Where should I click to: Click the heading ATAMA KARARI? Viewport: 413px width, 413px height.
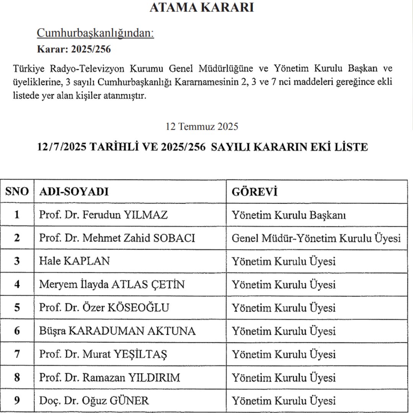pos(202,8)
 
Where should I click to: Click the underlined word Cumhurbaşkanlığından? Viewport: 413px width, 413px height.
pos(95,33)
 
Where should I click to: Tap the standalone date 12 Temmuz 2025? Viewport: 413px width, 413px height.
pos(202,126)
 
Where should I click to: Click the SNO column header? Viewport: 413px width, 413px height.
pos(17,192)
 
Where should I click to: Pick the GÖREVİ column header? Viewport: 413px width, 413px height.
pos(254,192)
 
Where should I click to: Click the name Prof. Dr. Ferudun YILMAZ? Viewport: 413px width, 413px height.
pos(103,215)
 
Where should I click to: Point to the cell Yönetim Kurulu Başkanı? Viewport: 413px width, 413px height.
pos(289,215)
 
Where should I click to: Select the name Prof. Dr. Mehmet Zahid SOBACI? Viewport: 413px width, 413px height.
pos(117,238)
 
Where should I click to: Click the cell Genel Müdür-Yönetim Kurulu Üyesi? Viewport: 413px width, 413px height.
pos(316,238)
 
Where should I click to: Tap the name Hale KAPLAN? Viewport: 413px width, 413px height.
pos(74,261)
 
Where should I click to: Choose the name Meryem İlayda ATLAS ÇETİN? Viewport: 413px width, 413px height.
pos(112,285)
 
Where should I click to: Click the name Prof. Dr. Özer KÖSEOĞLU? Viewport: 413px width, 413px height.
pos(104,308)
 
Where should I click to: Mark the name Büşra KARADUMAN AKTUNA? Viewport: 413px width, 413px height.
pos(117,331)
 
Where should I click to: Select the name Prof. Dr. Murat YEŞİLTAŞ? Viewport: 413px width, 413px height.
pos(103,354)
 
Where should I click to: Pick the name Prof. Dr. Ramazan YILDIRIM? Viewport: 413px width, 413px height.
pos(109,378)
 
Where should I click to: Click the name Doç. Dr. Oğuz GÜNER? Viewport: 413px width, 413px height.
pos(94,401)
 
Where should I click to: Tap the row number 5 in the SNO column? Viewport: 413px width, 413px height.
pos(17,308)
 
